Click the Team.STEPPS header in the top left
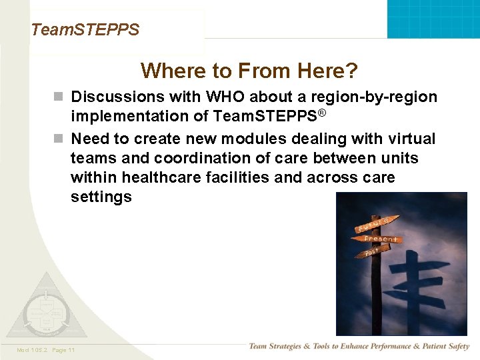(x=85, y=30)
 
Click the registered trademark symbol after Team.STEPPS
(x=321, y=113)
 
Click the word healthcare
(x=167, y=178)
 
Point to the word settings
(x=101, y=197)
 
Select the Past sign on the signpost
(x=371, y=252)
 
